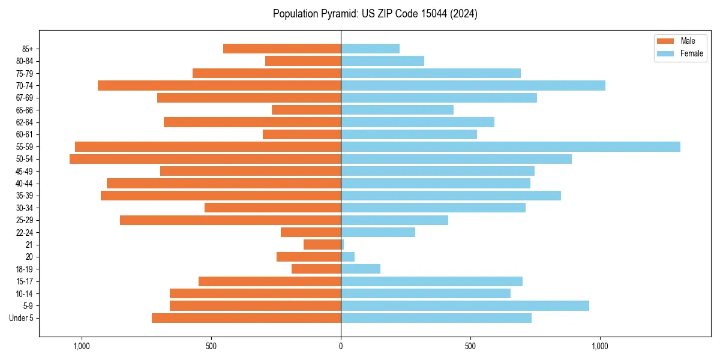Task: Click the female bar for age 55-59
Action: coord(510,146)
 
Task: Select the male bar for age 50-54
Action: coord(205,159)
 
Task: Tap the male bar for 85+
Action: coord(282,49)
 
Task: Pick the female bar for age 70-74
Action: coord(473,85)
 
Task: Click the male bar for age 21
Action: coord(322,245)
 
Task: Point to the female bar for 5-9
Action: coord(465,306)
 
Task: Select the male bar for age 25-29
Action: coord(230,220)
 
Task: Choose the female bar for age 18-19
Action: coord(361,269)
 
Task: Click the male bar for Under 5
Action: coord(246,318)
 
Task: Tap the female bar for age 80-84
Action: coord(382,61)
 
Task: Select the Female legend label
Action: coord(691,53)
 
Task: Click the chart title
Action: coord(375,14)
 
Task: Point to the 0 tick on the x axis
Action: coord(341,346)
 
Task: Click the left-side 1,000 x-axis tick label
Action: coord(81,346)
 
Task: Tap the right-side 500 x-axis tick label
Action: coord(470,346)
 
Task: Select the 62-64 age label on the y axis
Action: coord(25,122)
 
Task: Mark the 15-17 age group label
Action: coord(25,281)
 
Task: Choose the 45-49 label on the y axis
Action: coord(25,171)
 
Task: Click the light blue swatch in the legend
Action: coord(665,53)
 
